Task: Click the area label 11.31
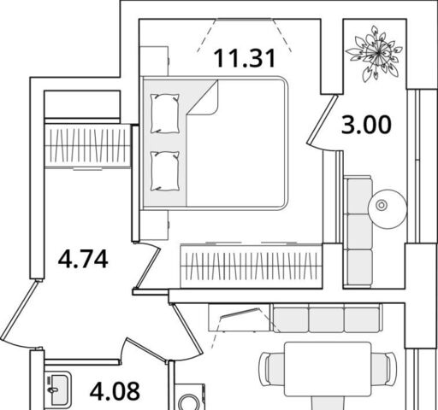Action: [x=245, y=58]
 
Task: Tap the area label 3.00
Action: [x=366, y=125]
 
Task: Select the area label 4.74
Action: [x=83, y=259]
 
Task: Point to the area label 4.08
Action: [x=115, y=391]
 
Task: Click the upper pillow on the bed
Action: [x=165, y=114]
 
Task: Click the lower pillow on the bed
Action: [x=165, y=171]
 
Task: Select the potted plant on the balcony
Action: [x=374, y=53]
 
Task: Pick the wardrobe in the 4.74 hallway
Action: [x=87, y=146]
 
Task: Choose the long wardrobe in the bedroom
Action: [x=252, y=266]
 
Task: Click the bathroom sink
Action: [x=58, y=389]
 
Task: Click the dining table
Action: [x=328, y=370]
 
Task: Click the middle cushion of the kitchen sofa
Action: [x=326, y=319]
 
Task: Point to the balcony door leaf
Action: [x=323, y=119]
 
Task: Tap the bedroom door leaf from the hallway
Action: [x=148, y=267]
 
